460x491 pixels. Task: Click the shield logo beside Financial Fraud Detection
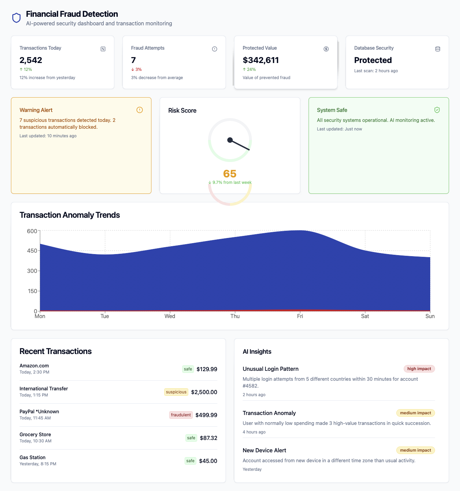point(16,18)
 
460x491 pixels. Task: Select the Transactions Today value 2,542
point(31,60)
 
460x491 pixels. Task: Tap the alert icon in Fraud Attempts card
point(215,49)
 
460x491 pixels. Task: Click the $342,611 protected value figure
point(261,60)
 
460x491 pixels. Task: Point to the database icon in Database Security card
point(437,49)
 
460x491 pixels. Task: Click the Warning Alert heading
point(36,110)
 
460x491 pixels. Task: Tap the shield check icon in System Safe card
point(437,110)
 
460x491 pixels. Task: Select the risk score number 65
point(230,174)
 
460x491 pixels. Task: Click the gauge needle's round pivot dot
point(230,140)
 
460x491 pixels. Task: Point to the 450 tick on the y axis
point(32,251)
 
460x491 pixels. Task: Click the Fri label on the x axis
point(300,316)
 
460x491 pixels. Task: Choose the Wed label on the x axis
point(170,316)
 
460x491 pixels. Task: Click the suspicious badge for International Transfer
point(176,392)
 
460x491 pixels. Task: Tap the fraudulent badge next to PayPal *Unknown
point(181,415)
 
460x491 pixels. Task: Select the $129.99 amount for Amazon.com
point(207,369)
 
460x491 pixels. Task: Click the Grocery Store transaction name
point(35,435)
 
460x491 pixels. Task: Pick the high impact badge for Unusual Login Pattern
point(419,369)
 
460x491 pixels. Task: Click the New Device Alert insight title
point(264,450)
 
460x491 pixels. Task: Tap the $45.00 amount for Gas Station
point(208,461)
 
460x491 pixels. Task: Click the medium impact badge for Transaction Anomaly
point(416,413)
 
